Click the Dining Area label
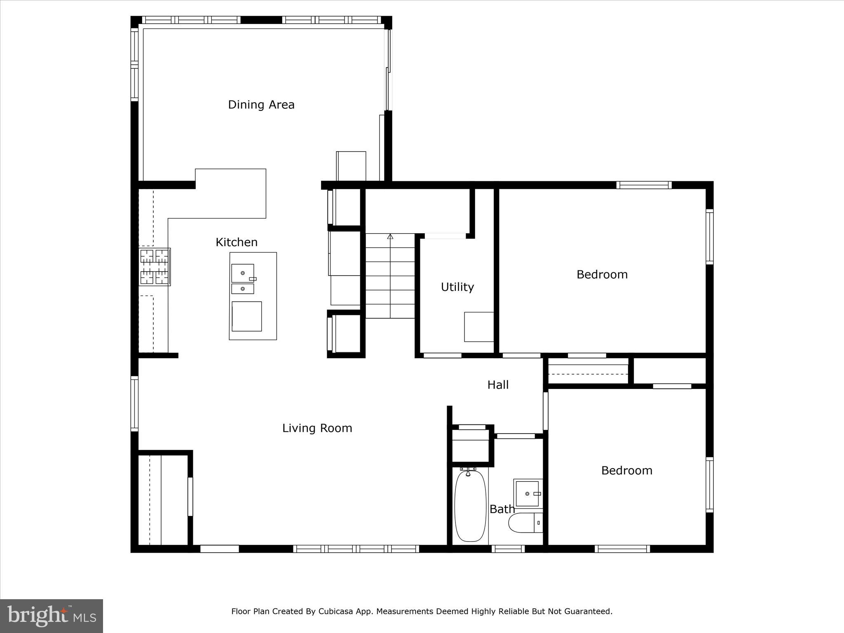click(x=261, y=105)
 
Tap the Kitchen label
click(x=237, y=242)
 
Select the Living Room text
click(x=317, y=428)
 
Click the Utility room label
click(x=457, y=287)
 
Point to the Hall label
click(x=498, y=385)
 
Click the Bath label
click(x=502, y=509)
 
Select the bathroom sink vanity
click(x=528, y=493)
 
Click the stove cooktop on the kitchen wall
click(x=155, y=267)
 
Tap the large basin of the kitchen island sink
click(x=242, y=273)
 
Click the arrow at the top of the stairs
click(x=390, y=237)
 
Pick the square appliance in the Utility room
click(x=479, y=327)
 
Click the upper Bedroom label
click(x=602, y=274)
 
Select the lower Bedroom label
click(x=626, y=471)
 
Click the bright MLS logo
click(x=52, y=616)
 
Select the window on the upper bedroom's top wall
click(x=644, y=185)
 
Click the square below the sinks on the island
click(x=246, y=316)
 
